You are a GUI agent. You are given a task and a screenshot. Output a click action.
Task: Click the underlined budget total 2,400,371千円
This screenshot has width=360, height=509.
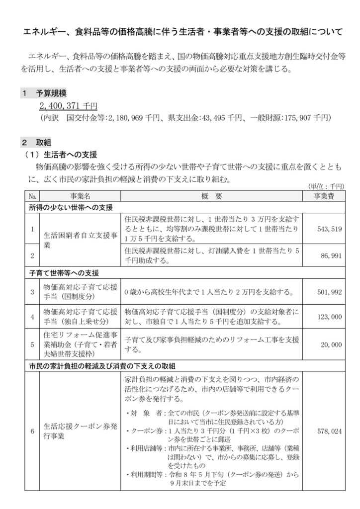[x=69, y=106]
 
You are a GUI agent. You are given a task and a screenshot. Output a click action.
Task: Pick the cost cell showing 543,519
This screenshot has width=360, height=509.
[x=329, y=230]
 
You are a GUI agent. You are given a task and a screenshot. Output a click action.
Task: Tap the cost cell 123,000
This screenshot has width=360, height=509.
[x=329, y=316]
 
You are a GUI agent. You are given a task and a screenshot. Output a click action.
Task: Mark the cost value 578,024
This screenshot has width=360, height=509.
[x=329, y=431]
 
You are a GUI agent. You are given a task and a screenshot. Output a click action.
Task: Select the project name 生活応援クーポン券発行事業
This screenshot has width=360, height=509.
[x=79, y=431]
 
